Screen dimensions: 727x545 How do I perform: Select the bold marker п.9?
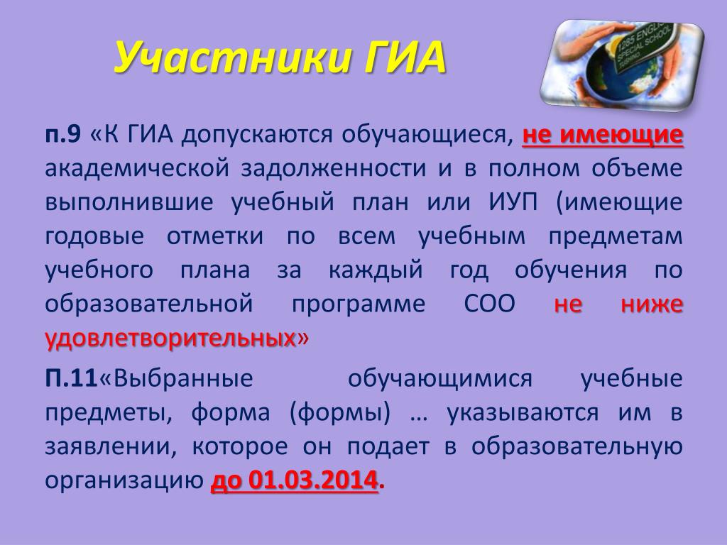[63, 135]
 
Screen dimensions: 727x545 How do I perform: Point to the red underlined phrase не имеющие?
[602, 135]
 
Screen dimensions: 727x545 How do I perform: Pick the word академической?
[137, 169]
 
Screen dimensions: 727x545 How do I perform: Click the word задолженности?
[334, 169]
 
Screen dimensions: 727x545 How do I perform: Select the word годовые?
[94, 236]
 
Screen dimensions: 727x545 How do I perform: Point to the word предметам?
[616, 236]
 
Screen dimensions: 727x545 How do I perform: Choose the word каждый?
[376, 270]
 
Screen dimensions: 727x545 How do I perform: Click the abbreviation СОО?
[489, 304]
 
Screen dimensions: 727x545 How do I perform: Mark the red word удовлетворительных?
[170, 338]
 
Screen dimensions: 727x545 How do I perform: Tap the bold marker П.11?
[72, 378]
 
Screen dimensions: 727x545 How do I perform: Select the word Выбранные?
[183, 379]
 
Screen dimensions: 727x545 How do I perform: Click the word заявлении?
[111, 447]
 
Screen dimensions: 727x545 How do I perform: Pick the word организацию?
[125, 481]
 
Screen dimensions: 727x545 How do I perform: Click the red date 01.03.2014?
[312, 480]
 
